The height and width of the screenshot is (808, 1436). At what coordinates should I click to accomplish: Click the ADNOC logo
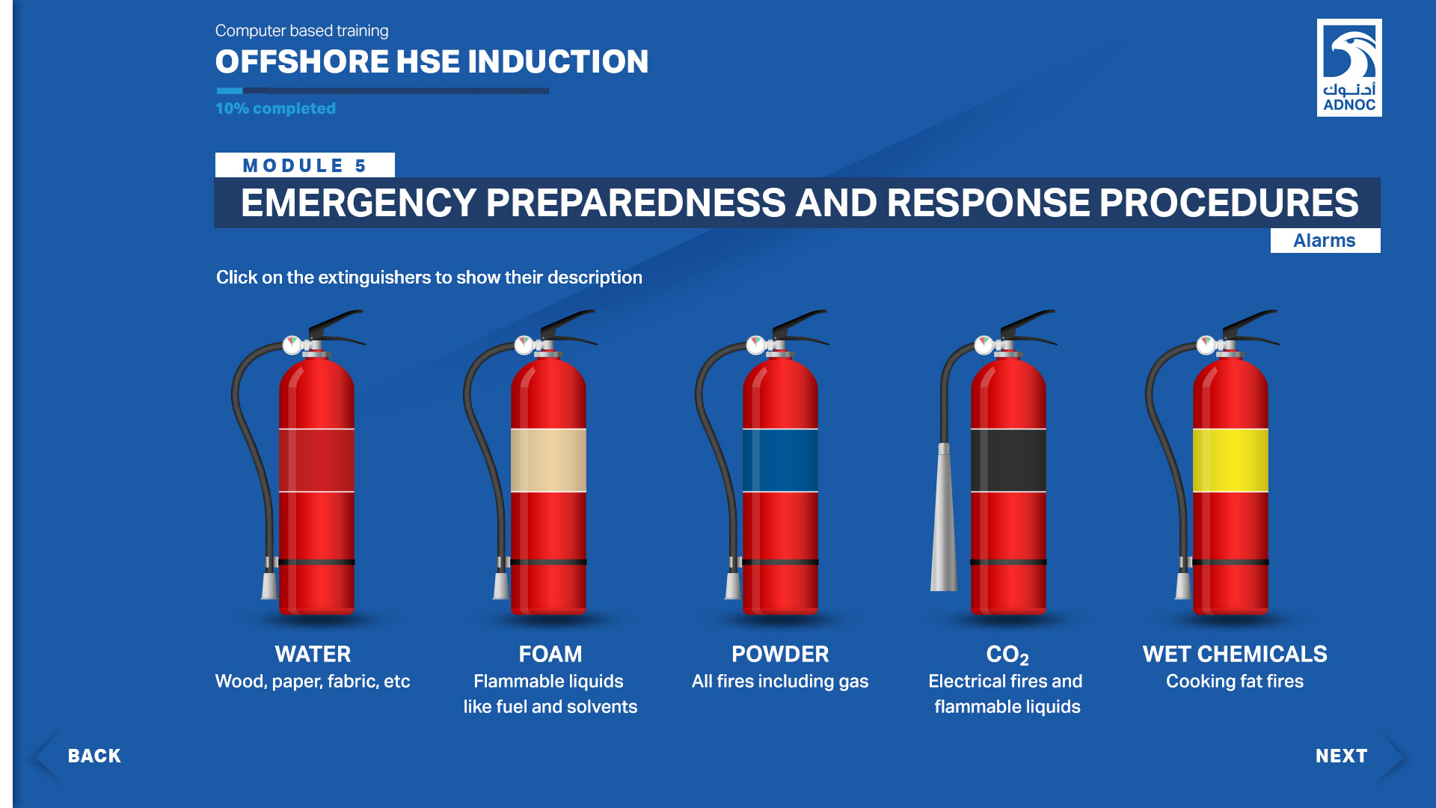[1349, 67]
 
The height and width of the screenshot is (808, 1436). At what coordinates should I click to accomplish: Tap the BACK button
[94, 756]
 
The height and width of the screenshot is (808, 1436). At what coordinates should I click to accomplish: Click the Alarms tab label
[1325, 240]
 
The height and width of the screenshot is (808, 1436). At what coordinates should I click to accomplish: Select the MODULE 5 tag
[304, 165]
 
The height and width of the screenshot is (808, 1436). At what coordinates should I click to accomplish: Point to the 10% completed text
[275, 108]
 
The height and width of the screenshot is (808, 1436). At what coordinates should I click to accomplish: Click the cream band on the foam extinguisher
[548, 460]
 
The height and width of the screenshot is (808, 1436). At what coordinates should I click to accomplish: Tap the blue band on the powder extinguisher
[780, 460]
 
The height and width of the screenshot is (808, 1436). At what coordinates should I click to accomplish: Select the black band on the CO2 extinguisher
[1008, 460]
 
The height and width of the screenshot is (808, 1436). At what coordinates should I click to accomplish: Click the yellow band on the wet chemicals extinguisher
[1230, 460]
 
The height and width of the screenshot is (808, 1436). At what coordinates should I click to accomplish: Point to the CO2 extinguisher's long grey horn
[944, 518]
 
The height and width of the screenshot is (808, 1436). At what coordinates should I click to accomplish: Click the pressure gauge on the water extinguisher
[292, 344]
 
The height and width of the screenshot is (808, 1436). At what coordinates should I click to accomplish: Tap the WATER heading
[313, 654]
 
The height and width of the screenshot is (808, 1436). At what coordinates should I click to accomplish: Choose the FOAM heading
[550, 654]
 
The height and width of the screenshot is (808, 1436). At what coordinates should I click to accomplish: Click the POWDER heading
[780, 654]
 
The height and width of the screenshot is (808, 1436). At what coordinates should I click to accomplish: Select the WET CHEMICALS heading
[1235, 654]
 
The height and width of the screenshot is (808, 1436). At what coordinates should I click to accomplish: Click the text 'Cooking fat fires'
[1235, 681]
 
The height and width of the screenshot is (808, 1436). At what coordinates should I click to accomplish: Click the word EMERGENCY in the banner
[358, 203]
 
